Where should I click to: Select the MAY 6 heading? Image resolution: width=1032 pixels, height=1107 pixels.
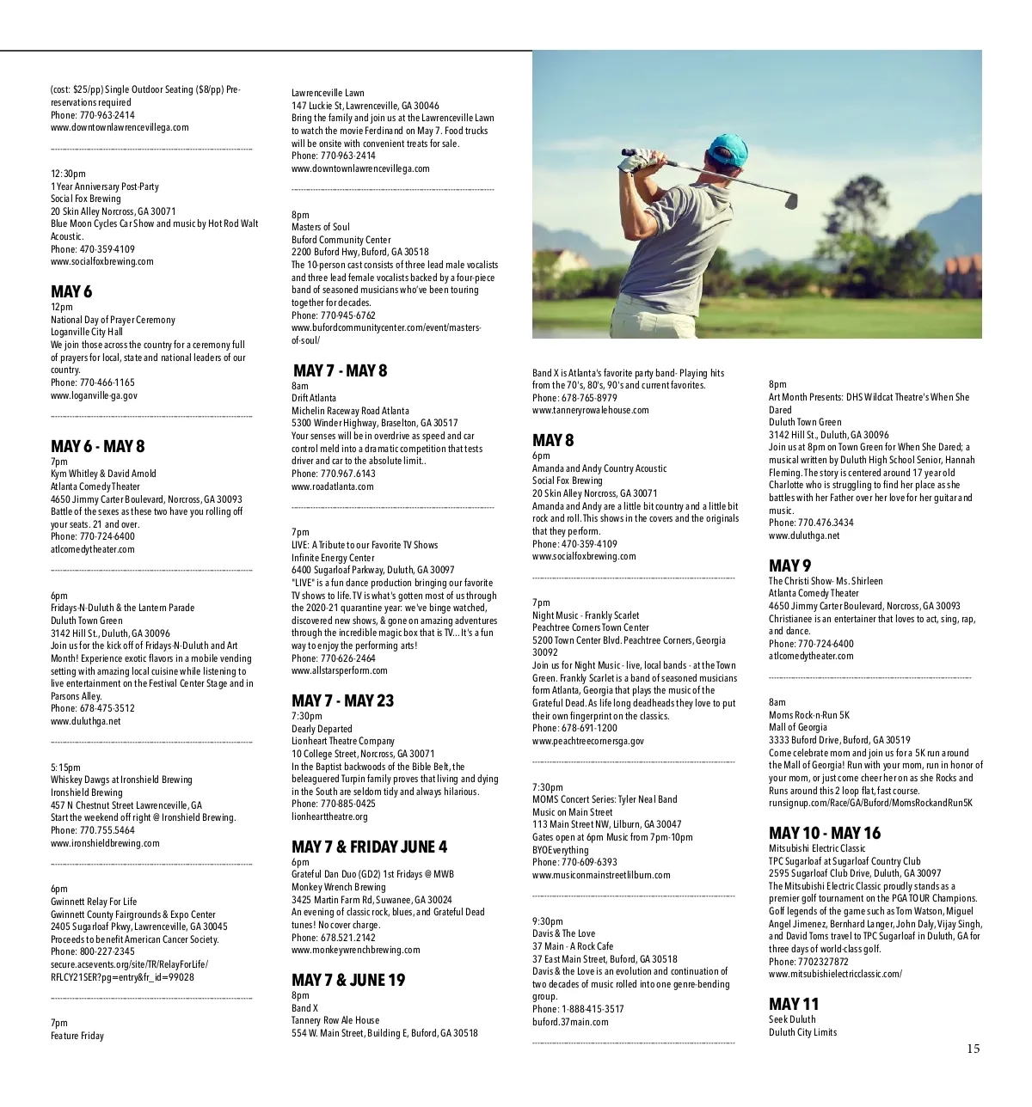(71, 292)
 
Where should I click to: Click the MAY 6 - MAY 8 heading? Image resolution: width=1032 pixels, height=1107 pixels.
(97, 446)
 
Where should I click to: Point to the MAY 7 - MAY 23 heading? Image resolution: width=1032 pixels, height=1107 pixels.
(342, 700)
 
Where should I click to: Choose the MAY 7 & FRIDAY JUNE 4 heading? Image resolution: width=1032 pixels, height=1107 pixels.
(369, 847)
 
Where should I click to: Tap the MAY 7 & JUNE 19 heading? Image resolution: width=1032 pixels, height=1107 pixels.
(347, 981)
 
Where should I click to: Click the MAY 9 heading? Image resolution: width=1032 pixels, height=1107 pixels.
(789, 566)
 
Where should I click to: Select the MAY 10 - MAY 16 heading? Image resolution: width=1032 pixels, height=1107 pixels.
(824, 833)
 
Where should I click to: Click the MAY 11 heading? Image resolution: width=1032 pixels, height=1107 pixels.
(793, 1004)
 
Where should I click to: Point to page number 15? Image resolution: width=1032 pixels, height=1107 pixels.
(973, 1049)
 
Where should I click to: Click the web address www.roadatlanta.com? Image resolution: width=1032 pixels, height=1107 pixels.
(332, 486)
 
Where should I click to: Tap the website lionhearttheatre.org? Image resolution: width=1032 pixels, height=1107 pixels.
(329, 816)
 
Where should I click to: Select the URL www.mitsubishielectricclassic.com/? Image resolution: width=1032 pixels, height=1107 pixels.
(834, 974)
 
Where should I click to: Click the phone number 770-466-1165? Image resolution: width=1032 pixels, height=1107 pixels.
(107, 382)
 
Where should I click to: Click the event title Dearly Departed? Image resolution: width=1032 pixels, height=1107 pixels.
(322, 729)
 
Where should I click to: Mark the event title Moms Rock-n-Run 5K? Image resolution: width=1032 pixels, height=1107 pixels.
(808, 715)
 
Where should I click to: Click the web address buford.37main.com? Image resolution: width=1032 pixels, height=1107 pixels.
(569, 1022)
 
